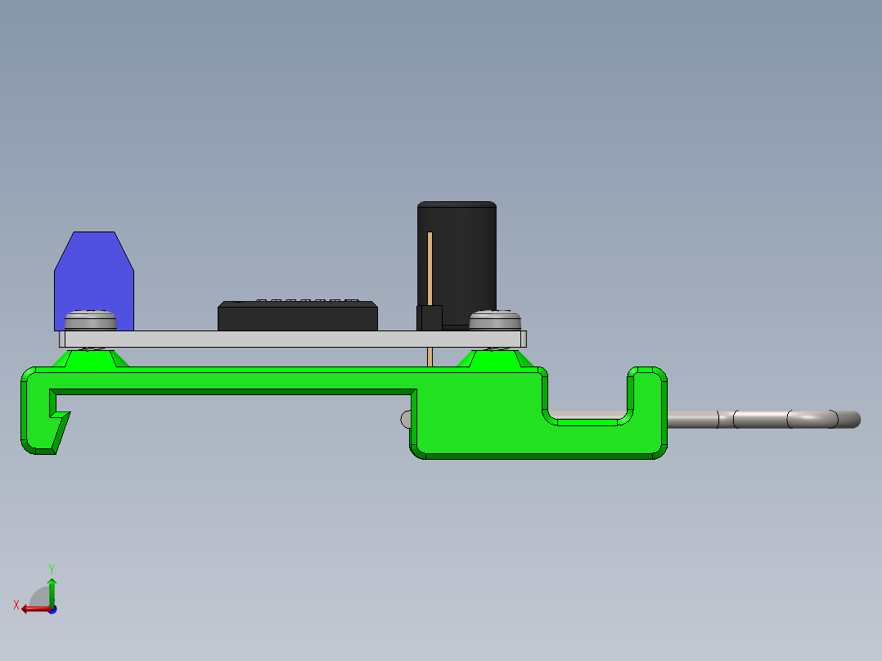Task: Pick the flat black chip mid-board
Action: [297, 317]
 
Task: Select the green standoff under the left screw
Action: [90, 358]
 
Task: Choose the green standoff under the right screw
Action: [494, 358]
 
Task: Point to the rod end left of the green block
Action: [405, 418]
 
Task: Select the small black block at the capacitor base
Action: [430, 317]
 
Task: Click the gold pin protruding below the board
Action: [430, 357]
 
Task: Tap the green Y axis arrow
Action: [52, 588]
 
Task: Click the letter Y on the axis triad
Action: [52, 568]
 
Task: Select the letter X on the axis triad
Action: [16, 605]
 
